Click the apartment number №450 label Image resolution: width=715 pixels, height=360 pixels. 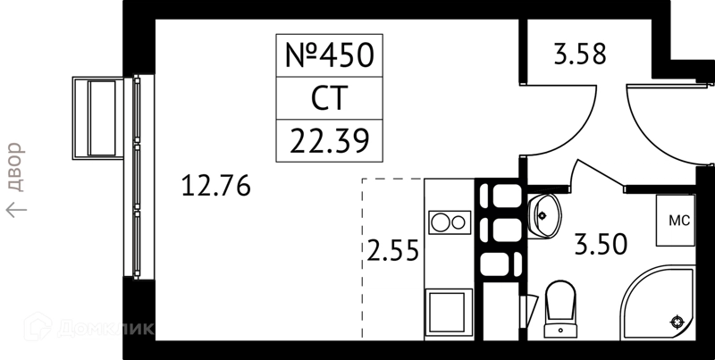click(x=329, y=55)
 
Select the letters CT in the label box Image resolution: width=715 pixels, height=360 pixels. click(x=329, y=98)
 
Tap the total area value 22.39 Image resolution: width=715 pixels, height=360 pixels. click(x=329, y=141)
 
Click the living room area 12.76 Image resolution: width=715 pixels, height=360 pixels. click(x=215, y=186)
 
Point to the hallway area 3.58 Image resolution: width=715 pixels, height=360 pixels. click(x=580, y=54)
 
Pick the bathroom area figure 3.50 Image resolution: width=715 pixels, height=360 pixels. click(x=601, y=244)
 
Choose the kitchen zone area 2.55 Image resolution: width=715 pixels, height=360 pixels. click(x=392, y=251)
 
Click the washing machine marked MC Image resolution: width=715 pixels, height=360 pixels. click(x=676, y=221)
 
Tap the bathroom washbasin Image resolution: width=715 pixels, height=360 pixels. click(x=544, y=216)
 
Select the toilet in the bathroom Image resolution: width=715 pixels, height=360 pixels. click(x=560, y=308)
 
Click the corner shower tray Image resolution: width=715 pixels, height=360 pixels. click(x=657, y=304)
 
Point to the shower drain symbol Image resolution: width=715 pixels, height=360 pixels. click(x=677, y=322)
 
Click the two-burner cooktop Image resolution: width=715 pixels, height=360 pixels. click(x=450, y=222)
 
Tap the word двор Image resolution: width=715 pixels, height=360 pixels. click(x=14, y=167)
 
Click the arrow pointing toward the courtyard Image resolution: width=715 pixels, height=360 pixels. click(x=16, y=210)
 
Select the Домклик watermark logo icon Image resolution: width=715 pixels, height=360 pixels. click(x=38, y=326)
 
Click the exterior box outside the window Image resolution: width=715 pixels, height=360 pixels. click(x=98, y=119)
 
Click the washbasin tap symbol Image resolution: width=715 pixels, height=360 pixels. click(x=542, y=215)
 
